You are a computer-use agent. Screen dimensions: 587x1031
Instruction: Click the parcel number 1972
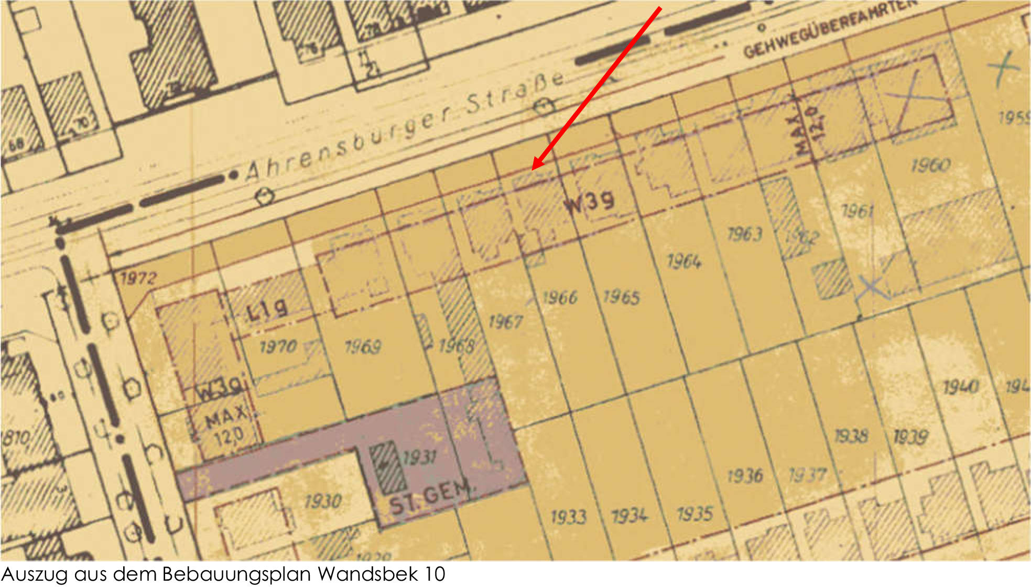pyautogui.click(x=138, y=278)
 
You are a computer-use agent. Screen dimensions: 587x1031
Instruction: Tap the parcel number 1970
pyautogui.click(x=278, y=346)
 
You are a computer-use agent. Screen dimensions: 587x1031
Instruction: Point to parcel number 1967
pyautogui.click(x=505, y=321)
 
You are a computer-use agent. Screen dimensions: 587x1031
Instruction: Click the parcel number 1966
pyautogui.click(x=559, y=298)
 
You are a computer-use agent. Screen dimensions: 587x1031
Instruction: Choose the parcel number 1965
pyautogui.click(x=621, y=297)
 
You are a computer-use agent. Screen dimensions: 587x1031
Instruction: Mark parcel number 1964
pyautogui.click(x=683, y=261)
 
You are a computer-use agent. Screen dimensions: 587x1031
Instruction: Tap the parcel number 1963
pyautogui.click(x=744, y=234)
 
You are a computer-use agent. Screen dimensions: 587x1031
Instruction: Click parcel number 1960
pyautogui.click(x=930, y=166)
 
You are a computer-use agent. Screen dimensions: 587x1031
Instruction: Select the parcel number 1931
pyautogui.click(x=419, y=458)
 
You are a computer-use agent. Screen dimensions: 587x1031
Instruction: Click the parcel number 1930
pyautogui.click(x=323, y=502)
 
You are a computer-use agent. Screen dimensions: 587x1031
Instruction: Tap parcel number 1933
pyautogui.click(x=568, y=517)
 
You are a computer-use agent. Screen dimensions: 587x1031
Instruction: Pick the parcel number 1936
pyautogui.click(x=745, y=476)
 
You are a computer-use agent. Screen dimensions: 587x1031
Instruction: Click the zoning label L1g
pyautogui.click(x=267, y=309)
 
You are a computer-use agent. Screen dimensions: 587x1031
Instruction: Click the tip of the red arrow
pyautogui.click(x=533, y=169)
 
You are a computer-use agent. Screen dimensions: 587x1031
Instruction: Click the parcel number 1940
pyautogui.click(x=960, y=387)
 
